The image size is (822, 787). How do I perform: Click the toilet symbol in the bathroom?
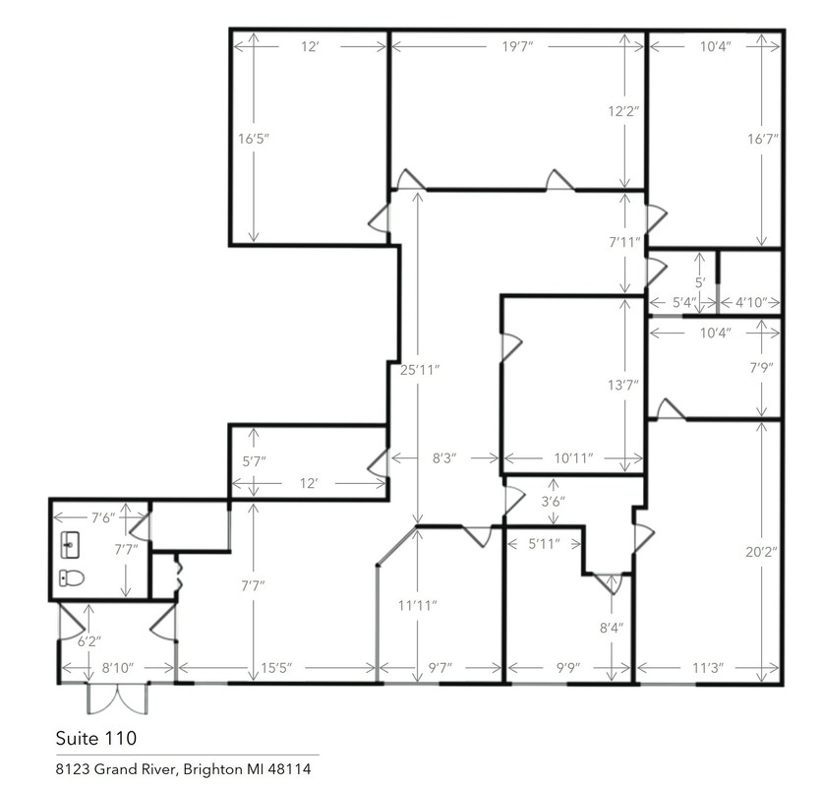pos(72,577)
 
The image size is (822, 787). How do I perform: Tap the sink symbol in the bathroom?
pos(70,544)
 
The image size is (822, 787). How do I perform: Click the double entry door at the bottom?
pos(118,698)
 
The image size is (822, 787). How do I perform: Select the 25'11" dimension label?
pos(420,370)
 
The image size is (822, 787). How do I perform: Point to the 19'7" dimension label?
pos(517,46)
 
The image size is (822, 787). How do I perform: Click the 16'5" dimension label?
pos(254,139)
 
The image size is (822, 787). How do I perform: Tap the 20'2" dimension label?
pos(762,552)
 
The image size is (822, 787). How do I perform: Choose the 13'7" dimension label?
pos(623,386)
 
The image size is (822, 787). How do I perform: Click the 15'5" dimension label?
pos(276,668)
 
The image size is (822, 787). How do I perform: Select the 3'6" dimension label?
pos(553,502)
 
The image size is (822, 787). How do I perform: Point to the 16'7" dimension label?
pos(763,139)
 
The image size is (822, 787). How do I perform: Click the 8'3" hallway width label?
pos(444,458)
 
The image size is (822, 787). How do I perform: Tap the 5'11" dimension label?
pos(544,544)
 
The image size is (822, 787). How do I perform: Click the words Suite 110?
pos(96,738)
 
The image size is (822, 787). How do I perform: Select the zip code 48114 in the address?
pos(289,769)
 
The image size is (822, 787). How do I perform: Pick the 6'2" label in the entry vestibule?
pos(89,641)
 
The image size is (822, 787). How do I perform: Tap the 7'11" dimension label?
pos(625,242)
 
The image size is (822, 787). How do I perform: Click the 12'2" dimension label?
pos(623,111)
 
